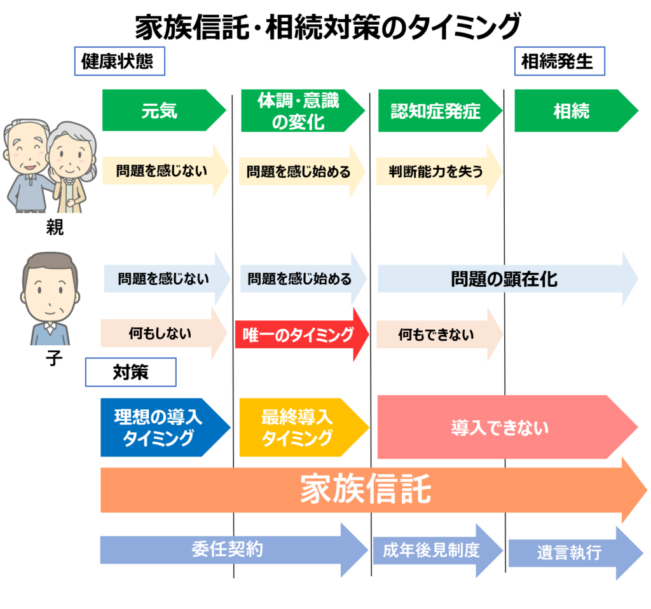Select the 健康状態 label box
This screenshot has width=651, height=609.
tap(119, 62)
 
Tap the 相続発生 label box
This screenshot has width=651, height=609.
tap(559, 62)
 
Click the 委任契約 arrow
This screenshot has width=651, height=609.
tap(229, 549)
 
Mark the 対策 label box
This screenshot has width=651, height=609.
tap(130, 373)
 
